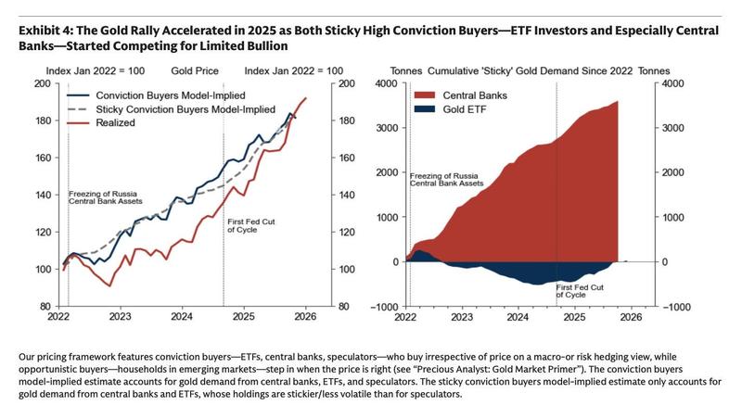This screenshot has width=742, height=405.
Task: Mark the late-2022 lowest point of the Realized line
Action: point(109,285)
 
